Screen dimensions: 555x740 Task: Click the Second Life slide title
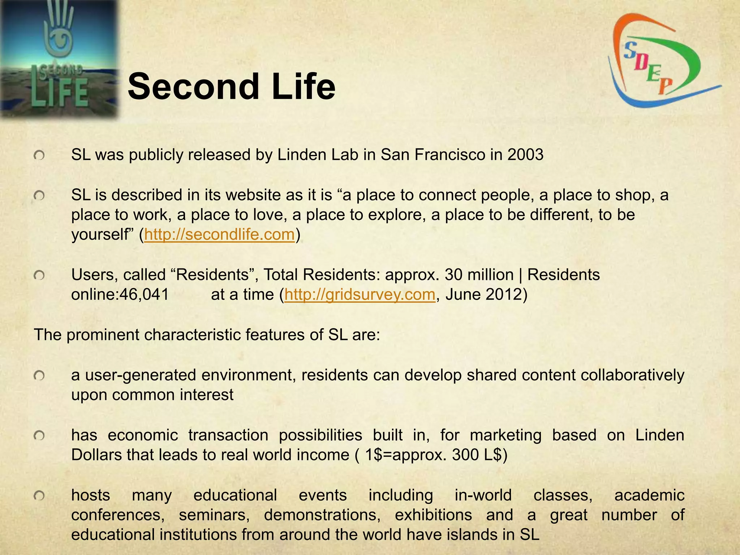click(x=231, y=87)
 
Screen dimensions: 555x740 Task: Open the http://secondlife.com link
click(x=219, y=235)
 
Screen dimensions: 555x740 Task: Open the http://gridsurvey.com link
click(x=360, y=294)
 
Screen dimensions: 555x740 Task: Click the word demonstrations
click(x=322, y=515)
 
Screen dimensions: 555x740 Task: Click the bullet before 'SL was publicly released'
click(x=39, y=156)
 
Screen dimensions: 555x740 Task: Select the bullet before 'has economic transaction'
click(x=39, y=436)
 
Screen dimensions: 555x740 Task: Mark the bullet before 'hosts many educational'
click(x=39, y=496)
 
